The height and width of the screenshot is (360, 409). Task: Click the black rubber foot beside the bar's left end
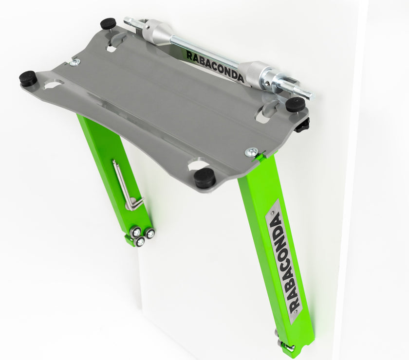[x=108, y=23]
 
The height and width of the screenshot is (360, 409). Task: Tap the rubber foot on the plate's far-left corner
[x=28, y=78]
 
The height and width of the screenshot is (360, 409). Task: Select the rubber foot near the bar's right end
[x=295, y=104]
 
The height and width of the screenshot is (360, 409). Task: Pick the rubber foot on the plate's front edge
[x=205, y=178]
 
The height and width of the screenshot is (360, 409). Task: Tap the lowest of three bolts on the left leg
[x=140, y=241]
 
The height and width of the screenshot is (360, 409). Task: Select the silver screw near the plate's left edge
[x=74, y=62]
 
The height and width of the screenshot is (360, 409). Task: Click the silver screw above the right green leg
[x=251, y=152]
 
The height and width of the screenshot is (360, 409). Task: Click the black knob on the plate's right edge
[x=302, y=126]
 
